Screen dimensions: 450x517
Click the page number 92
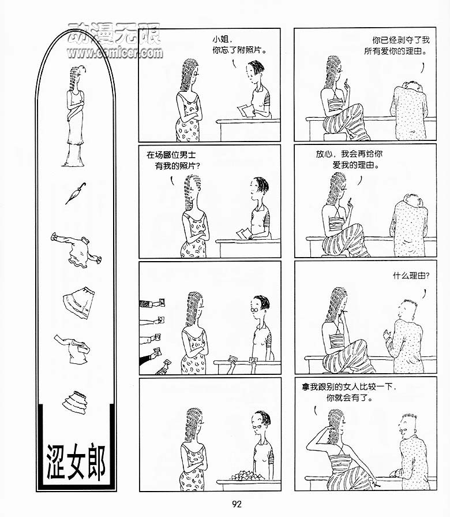coord(237,504)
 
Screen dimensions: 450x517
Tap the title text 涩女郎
coord(76,462)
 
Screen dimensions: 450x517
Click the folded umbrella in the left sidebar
coord(76,193)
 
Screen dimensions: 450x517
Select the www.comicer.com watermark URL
coord(115,53)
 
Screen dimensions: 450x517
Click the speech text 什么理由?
coord(411,276)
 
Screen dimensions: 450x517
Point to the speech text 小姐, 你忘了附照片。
coord(239,45)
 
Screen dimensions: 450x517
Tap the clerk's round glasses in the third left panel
coord(255,310)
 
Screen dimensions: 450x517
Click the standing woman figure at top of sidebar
coord(75,116)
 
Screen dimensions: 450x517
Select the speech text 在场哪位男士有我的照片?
coord(173,160)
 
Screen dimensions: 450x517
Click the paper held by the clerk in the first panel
coord(246,111)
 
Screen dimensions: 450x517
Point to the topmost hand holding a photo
coord(152,303)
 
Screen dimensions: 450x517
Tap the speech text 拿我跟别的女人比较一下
coord(348,386)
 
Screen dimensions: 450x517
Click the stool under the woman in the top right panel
coord(335,137)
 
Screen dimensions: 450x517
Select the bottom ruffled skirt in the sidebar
coord(75,402)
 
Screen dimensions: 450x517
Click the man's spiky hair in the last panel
coord(409,415)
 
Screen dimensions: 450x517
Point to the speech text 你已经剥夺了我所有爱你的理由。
coord(397,46)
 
